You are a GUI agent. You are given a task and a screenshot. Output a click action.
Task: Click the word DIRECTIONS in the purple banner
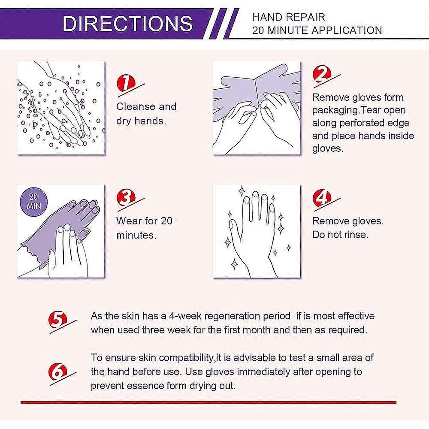pyautogui.click(x=127, y=24)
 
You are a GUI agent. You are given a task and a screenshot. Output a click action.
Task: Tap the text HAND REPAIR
pyautogui.click(x=289, y=17)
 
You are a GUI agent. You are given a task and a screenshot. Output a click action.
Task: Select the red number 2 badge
pyautogui.click(x=322, y=74)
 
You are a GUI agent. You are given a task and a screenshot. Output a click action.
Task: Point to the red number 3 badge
pyautogui.click(x=126, y=197)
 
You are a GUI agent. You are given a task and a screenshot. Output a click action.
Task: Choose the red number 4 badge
pyautogui.click(x=322, y=197)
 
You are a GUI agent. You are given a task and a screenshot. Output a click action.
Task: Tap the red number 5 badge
pyautogui.click(x=58, y=320)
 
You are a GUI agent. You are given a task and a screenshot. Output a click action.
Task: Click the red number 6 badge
pyautogui.click(x=58, y=372)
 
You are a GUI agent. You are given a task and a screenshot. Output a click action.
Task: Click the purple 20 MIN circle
pyautogui.click(x=33, y=201)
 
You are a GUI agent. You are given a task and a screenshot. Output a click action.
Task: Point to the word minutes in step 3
pyautogui.click(x=136, y=235)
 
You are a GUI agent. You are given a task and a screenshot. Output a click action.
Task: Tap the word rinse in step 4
pyautogui.click(x=356, y=235)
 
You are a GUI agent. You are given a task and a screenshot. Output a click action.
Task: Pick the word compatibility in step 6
pyautogui.click(x=186, y=358)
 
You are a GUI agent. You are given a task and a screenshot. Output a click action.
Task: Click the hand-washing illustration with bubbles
pyautogui.click(x=61, y=108)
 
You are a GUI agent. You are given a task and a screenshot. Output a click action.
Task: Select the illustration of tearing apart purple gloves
pyautogui.click(x=257, y=108)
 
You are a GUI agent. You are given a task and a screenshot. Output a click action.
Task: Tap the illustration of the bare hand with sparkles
pyautogui.click(x=257, y=231)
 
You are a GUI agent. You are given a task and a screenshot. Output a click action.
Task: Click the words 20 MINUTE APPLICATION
pyautogui.click(x=317, y=30)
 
